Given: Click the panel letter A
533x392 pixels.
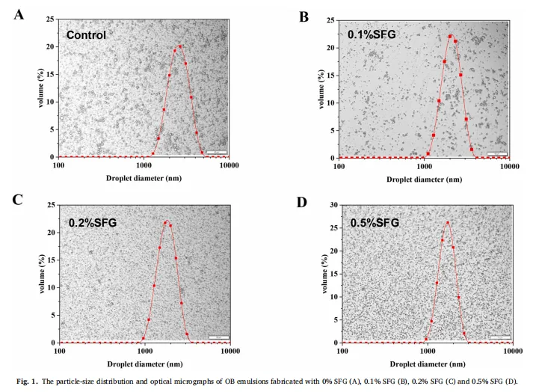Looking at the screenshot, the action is (19, 15).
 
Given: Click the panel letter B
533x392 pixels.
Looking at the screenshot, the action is (304, 17).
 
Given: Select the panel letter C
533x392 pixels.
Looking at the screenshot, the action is (17, 200).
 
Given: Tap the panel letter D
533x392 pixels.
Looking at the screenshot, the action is (302, 203).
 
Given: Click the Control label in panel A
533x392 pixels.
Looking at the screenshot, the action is (86, 35).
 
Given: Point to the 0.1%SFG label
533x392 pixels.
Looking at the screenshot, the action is (372, 34).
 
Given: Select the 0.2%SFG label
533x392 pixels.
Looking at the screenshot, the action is (93, 223).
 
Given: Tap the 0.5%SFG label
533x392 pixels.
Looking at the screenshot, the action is (375, 223).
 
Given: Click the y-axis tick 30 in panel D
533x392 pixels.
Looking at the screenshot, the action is (334, 205).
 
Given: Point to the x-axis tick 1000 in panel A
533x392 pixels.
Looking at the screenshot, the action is (144, 165).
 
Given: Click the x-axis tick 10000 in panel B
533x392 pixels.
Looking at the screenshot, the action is (509, 166).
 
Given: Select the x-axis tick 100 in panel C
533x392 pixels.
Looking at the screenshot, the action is (60, 351).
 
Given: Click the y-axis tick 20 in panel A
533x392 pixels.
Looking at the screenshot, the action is (50, 46).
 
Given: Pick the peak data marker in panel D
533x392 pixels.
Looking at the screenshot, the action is (448, 223).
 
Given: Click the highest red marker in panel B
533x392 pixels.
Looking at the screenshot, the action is (450, 36).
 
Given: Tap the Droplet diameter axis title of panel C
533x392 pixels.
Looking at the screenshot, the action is (145, 364).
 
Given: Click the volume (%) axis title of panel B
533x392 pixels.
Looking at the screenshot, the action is (321, 90).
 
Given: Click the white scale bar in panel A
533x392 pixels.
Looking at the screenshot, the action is (216, 152).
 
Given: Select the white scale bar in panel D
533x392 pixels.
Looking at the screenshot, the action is (500, 337).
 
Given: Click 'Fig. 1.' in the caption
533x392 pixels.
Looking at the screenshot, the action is (27, 382).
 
